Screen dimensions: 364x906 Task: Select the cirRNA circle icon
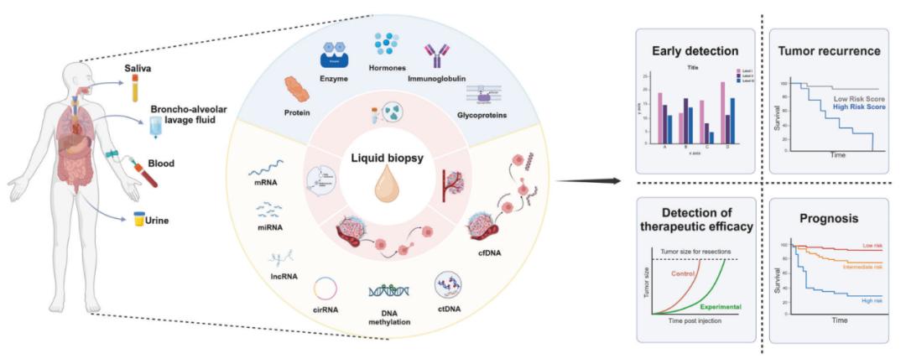coord(325,290)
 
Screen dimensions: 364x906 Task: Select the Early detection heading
coord(690,50)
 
